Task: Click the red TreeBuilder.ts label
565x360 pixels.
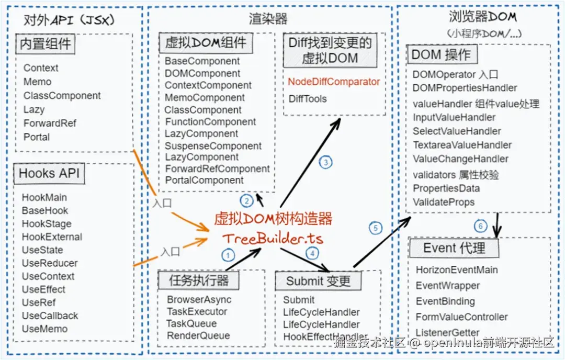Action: pyautogui.click(x=273, y=239)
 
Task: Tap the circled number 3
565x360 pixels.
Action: pyautogui.click(x=325, y=162)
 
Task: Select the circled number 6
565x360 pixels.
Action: pyautogui.click(x=481, y=227)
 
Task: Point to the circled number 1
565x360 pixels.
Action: pyautogui.click(x=228, y=255)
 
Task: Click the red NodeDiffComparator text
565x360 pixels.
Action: pyautogui.click(x=334, y=82)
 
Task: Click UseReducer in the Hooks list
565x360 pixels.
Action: pyautogui.click(x=50, y=263)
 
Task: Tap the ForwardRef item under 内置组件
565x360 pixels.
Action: pyautogui.click(x=50, y=123)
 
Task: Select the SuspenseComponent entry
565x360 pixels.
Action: pyautogui.click(x=213, y=145)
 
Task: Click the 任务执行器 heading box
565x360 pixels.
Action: pyautogui.click(x=199, y=280)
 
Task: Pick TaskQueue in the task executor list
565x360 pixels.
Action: pyautogui.click(x=191, y=323)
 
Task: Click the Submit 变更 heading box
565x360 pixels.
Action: pyautogui.click(x=318, y=281)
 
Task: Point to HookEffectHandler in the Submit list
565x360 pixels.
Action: pyautogui.click(x=325, y=337)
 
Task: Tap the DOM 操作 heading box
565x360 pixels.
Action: pyautogui.click(x=441, y=54)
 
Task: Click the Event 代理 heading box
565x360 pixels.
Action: pyautogui.click(x=454, y=248)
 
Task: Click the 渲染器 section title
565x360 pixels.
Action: pyautogui.click(x=268, y=19)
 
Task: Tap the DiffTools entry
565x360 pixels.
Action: pyautogui.click(x=308, y=99)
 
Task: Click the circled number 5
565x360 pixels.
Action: pyautogui.click(x=375, y=228)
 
